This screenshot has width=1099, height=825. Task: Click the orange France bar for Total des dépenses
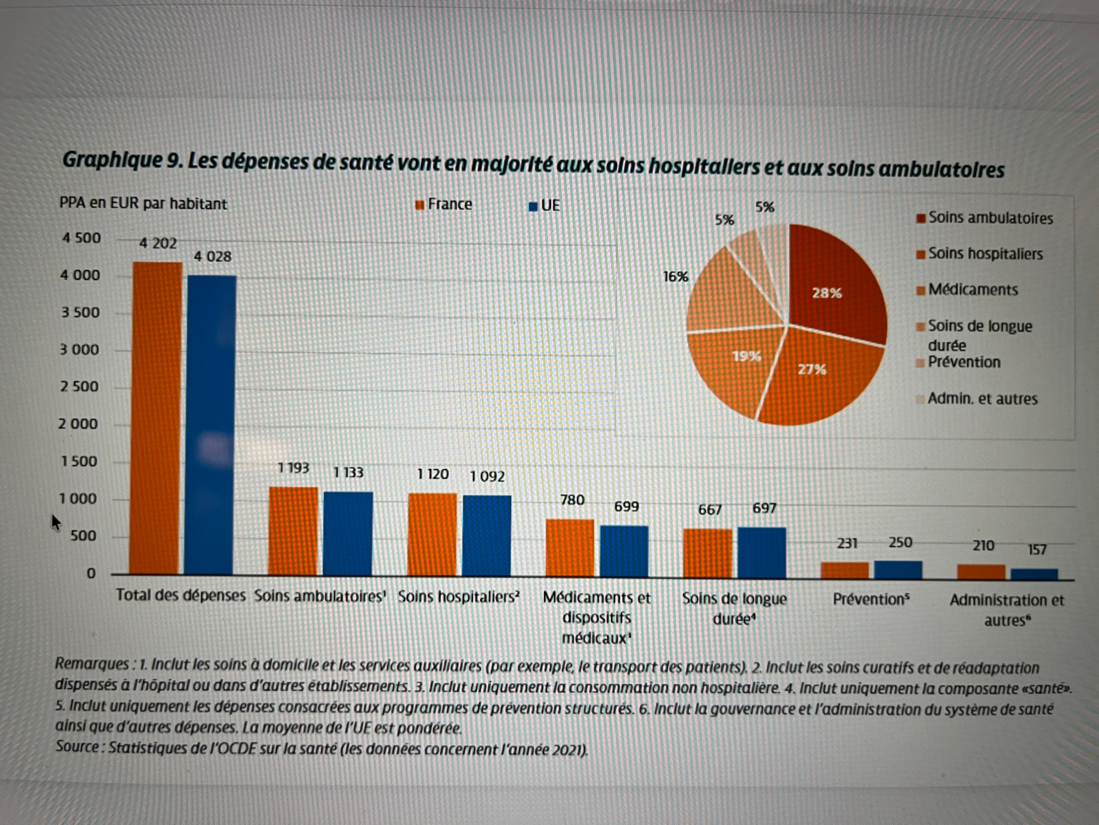point(157,418)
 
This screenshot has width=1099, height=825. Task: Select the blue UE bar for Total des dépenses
point(212,424)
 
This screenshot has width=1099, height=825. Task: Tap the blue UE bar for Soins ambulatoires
point(348,533)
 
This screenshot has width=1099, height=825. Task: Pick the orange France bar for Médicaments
point(570,547)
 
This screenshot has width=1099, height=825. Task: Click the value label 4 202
point(158,243)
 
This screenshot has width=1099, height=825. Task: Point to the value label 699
point(626,506)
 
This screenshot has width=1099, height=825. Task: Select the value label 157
point(1037,549)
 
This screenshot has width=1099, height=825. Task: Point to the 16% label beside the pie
point(675,277)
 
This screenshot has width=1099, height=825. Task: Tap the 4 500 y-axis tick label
point(81,238)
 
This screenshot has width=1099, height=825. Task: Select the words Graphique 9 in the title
point(120,160)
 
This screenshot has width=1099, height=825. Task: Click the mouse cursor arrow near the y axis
point(56,521)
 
